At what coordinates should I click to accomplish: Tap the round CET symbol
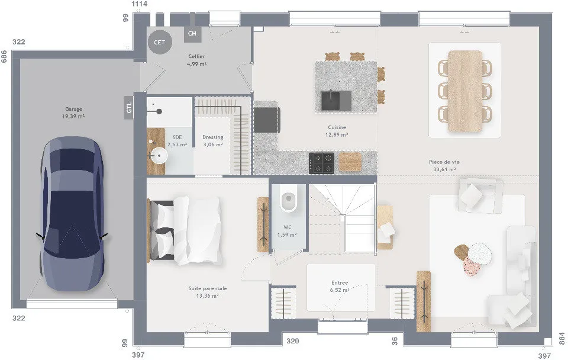[x=159, y=43]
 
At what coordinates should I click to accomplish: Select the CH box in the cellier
[x=192, y=33]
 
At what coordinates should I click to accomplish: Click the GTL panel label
[x=128, y=107]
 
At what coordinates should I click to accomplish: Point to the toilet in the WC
[x=288, y=198]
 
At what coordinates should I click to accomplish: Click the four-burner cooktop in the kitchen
[x=321, y=163]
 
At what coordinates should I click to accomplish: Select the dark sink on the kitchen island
[x=336, y=101]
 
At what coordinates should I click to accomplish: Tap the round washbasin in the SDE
[x=159, y=156]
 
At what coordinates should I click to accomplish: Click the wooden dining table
[x=465, y=91]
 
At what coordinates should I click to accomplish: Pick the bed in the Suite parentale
[x=185, y=230]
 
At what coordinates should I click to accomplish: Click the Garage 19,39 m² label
[x=73, y=112]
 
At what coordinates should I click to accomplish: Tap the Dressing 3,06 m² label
[x=212, y=141]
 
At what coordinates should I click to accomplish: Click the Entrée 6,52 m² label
[x=340, y=286]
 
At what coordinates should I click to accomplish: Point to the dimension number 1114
[x=139, y=4]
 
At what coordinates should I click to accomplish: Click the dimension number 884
[x=562, y=338]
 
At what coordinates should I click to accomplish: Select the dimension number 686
[x=4, y=57]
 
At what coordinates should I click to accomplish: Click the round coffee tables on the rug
[x=473, y=259]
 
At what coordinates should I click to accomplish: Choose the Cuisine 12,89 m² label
[x=337, y=131]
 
